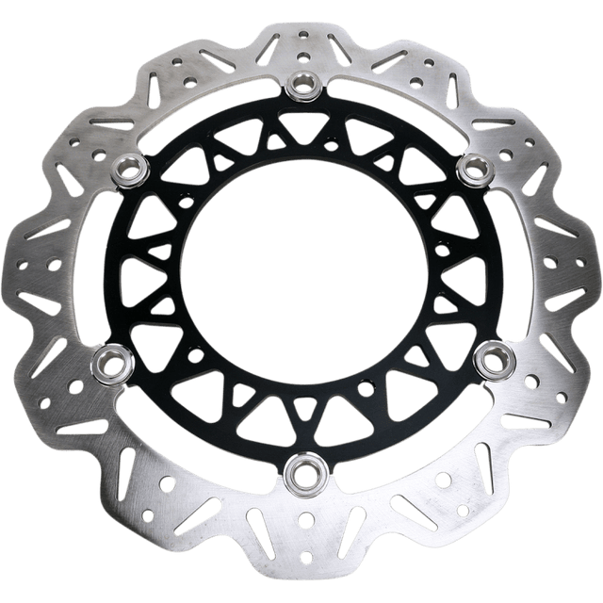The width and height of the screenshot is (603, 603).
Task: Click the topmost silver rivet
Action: tap(303, 86)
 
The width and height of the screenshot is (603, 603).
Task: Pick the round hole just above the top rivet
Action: tap(303, 58)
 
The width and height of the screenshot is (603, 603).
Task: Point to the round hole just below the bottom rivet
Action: tap(303, 517)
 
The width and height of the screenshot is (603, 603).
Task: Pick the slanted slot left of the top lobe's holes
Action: tap(268, 47)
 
